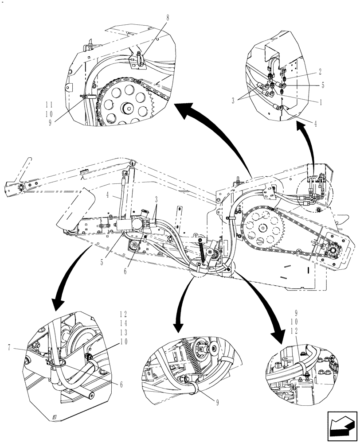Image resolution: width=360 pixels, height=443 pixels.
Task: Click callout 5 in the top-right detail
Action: pos(323,86)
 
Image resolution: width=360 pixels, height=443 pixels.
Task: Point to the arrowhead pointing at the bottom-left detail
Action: pos(57,306)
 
